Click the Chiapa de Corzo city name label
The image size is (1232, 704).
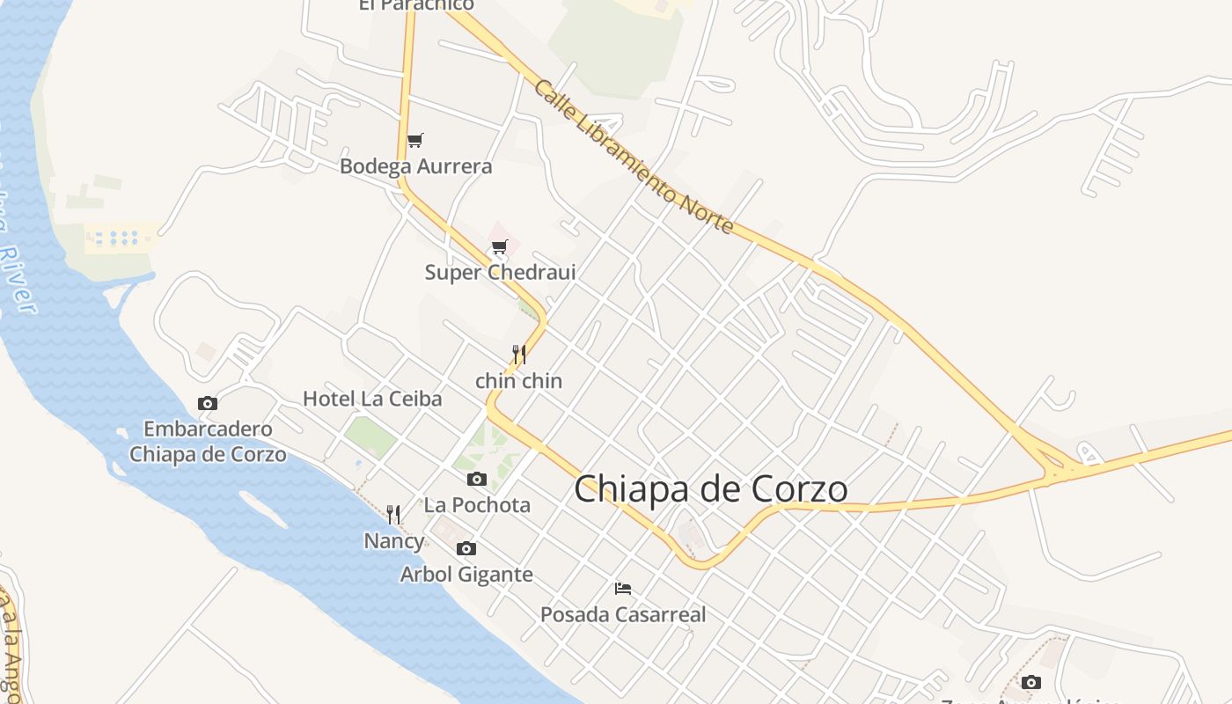[x=711, y=490]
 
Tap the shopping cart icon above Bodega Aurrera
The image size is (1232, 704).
[x=415, y=140]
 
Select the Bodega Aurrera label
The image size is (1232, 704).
[x=416, y=166]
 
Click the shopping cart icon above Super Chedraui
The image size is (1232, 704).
[x=500, y=246]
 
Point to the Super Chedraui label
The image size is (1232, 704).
[x=500, y=272]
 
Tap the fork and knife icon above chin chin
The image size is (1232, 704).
[x=519, y=355]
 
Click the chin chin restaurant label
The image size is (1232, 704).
[x=518, y=381]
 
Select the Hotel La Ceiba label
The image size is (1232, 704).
[x=372, y=399]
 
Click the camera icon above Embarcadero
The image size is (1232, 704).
[x=208, y=403]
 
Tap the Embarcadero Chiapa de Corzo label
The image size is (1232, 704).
[x=208, y=442]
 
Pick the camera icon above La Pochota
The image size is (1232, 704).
[x=477, y=479]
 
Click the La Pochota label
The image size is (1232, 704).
[x=477, y=505]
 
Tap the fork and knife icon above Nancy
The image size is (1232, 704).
[x=393, y=515]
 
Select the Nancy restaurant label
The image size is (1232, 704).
[x=394, y=541]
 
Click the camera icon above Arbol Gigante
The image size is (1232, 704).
[x=466, y=548]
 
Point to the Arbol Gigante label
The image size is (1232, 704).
[x=466, y=575]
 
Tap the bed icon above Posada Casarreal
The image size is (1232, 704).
[x=623, y=588]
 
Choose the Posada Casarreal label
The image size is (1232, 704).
[x=623, y=614]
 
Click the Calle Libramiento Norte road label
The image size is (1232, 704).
[x=633, y=157]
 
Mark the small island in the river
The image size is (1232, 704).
[x=262, y=510]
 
